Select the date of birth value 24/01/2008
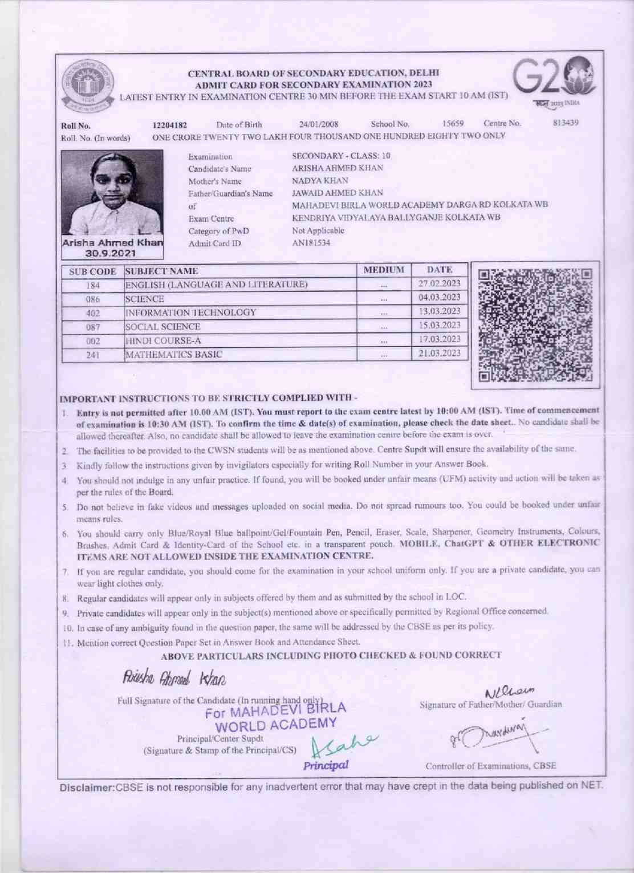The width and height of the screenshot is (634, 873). (319, 124)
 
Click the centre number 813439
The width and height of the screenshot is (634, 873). (567, 123)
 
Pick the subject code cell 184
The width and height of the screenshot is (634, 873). (92, 285)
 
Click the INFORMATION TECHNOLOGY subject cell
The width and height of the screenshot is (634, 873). (191, 312)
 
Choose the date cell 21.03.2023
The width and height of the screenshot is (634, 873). (440, 353)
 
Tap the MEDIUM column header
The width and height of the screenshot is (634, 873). (384, 270)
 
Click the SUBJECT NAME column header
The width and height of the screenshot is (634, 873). (162, 271)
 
